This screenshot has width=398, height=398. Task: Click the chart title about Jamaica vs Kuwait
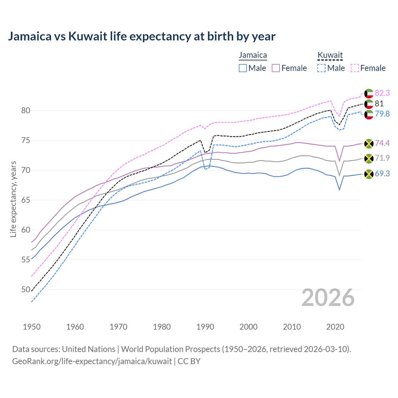pos(141,36)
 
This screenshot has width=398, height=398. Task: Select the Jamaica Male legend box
pos(243,68)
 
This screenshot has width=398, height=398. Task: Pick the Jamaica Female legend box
pos(276,68)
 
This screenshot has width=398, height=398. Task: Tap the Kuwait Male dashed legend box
pos(322,68)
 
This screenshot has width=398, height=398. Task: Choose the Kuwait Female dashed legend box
pos(355,68)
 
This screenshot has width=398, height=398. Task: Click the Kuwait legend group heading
pos(330,55)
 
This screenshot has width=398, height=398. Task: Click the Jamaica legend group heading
pos(253,55)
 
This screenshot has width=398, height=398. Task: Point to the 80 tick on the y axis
pos(26,111)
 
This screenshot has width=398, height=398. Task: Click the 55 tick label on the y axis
pos(26,260)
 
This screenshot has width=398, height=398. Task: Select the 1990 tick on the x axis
pos(205,327)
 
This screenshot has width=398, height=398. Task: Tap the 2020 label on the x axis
pos(335,327)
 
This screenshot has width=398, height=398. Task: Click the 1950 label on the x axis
pos(32,327)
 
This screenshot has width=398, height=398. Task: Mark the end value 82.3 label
pos(382,93)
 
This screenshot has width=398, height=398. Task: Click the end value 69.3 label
pos(382,174)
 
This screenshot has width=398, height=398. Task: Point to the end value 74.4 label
pos(382,143)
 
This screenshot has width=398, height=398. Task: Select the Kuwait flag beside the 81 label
pos(369,104)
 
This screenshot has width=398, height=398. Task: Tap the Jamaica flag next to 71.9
pos(369,159)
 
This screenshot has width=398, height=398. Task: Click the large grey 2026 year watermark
pos(328,298)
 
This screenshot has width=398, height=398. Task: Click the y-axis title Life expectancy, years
pos(13,199)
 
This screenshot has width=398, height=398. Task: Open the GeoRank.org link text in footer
pos(92,361)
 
